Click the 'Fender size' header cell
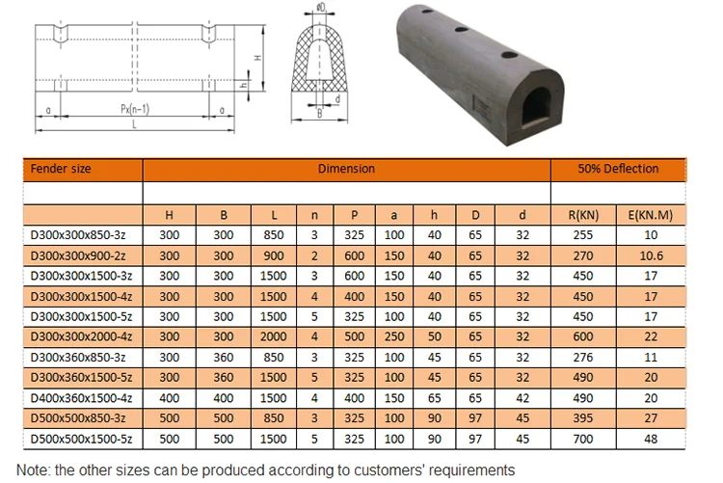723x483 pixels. [x=61, y=169]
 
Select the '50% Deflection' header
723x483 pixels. [x=618, y=169]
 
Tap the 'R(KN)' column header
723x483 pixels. [x=583, y=215]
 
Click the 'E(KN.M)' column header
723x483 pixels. [x=651, y=215]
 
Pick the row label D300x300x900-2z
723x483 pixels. [x=78, y=256]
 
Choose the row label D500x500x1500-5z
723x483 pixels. [x=81, y=439]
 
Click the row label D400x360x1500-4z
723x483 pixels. [x=81, y=398]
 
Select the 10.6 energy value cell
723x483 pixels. [x=651, y=256]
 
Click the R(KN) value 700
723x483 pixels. [x=583, y=439]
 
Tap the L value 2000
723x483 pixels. [x=274, y=336]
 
